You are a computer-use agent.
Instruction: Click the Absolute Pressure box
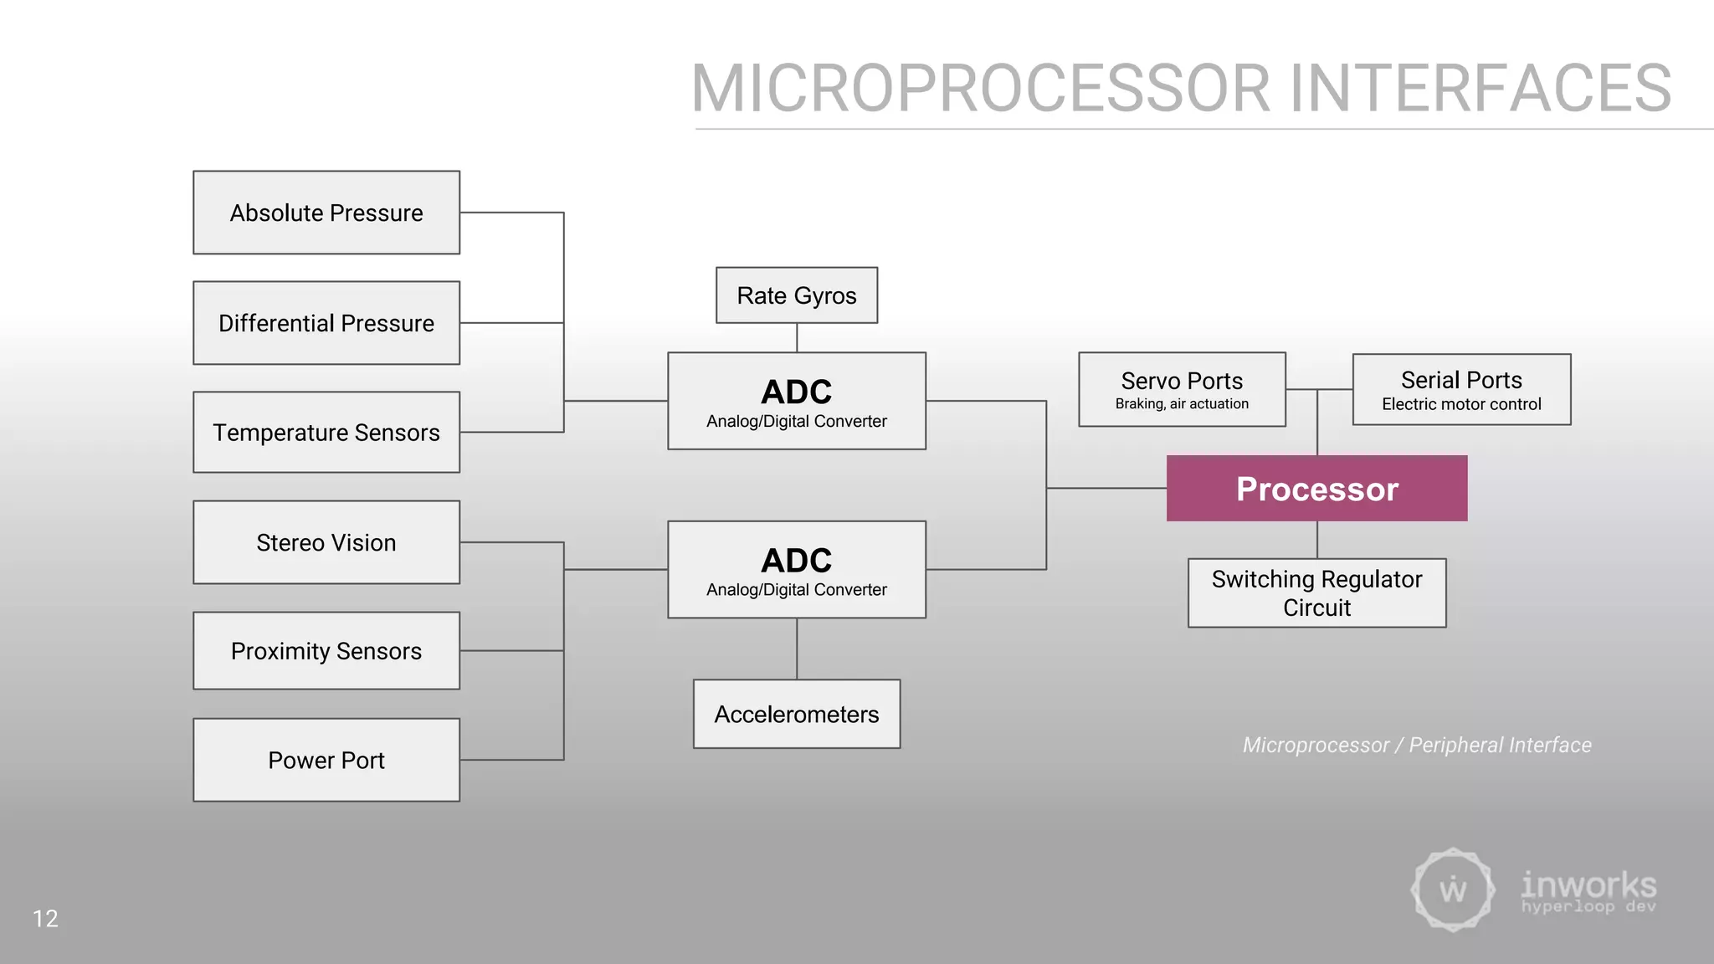click(x=326, y=213)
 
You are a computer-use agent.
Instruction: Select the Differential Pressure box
click(x=326, y=323)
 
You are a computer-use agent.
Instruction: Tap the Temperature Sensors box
click(x=326, y=433)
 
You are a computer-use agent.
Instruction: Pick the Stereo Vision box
click(x=326, y=542)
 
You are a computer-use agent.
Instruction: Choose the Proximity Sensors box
click(x=326, y=651)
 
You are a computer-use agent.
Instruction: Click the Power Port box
click(x=326, y=760)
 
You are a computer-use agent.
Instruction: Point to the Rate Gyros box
click(x=797, y=295)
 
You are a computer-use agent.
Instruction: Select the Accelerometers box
click(x=797, y=714)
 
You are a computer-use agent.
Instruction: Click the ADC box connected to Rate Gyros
click(x=797, y=401)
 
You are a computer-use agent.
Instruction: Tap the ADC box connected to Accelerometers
click(x=797, y=569)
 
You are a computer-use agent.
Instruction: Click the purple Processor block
click(x=1316, y=489)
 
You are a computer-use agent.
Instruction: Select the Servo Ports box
click(x=1182, y=389)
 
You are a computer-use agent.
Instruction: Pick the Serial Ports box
click(x=1461, y=389)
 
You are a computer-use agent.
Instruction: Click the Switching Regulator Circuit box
click(x=1316, y=592)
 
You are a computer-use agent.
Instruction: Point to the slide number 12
click(x=45, y=919)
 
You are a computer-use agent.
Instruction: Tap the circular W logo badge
click(x=1453, y=890)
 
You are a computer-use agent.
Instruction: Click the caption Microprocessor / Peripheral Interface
click(x=1417, y=745)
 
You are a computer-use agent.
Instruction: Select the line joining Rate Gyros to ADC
click(x=797, y=338)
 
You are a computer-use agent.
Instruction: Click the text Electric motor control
click(x=1461, y=404)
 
